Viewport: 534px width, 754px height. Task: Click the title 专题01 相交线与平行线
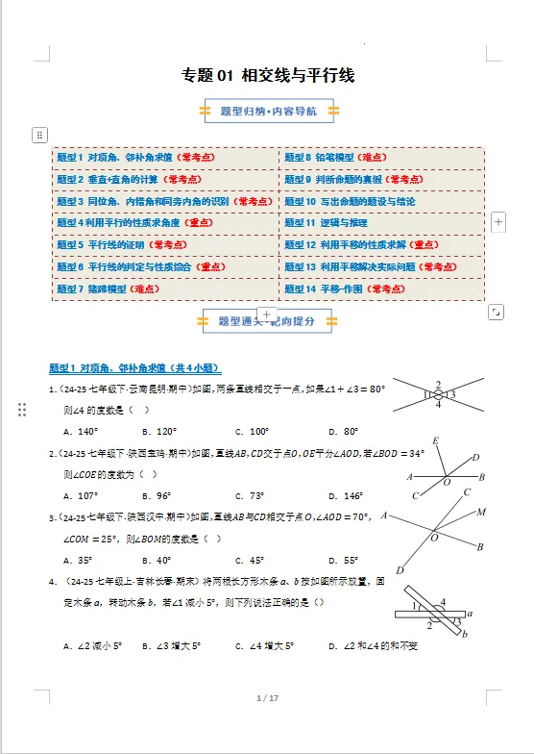(x=268, y=75)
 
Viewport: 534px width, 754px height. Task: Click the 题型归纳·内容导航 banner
(x=268, y=113)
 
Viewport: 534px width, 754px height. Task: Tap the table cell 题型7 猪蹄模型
(x=108, y=289)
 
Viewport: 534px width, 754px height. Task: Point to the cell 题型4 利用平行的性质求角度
(x=134, y=223)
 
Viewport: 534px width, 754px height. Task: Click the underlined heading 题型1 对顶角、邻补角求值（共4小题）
(x=135, y=368)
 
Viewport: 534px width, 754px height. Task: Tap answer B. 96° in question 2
(x=157, y=496)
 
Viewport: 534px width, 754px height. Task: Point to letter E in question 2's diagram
(x=435, y=441)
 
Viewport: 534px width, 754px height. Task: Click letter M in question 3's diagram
(x=481, y=512)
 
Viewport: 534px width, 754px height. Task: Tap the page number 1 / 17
(x=267, y=697)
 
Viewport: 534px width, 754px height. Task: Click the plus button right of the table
(x=498, y=222)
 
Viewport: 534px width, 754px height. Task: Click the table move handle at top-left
(x=39, y=135)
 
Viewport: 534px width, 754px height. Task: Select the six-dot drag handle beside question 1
(x=22, y=411)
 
